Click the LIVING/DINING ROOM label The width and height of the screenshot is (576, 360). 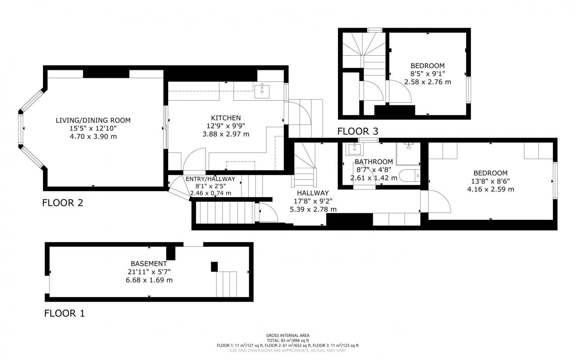click(x=93, y=120)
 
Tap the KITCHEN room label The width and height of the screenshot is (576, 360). click(x=226, y=118)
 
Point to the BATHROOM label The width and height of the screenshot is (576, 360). click(x=374, y=162)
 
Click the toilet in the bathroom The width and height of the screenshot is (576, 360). click(x=409, y=176)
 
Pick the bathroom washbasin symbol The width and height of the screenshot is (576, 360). click(x=353, y=149)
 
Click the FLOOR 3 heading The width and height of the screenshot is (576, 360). click(x=358, y=131)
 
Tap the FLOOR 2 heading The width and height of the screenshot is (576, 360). click(x=63, y=203)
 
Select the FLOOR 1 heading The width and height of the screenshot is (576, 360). click(x=64, y=314)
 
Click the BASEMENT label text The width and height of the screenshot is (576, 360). click(x=149, y=264)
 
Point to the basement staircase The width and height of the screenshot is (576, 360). click(x=226, y=284)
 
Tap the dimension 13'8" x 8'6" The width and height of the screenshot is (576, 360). click(x=490, y=181)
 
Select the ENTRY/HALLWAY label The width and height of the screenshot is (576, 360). click(x=210, y=179)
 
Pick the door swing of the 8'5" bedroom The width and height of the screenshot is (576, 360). click(x=400, y=92)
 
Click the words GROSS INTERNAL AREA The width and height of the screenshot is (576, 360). click(x=288, y=335)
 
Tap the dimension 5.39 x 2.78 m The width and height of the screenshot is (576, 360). click(x=313, y=209)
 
